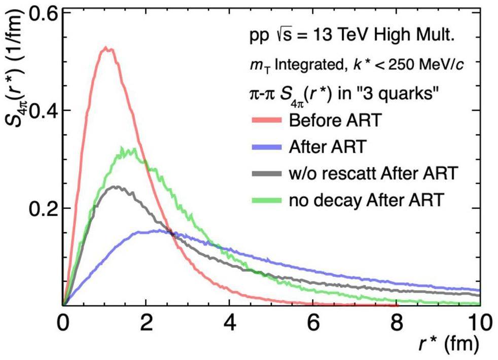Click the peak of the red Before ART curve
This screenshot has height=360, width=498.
pos(106,48)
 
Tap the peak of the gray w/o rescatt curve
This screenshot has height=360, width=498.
pos(117,187)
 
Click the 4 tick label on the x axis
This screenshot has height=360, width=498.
pos(230,322)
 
